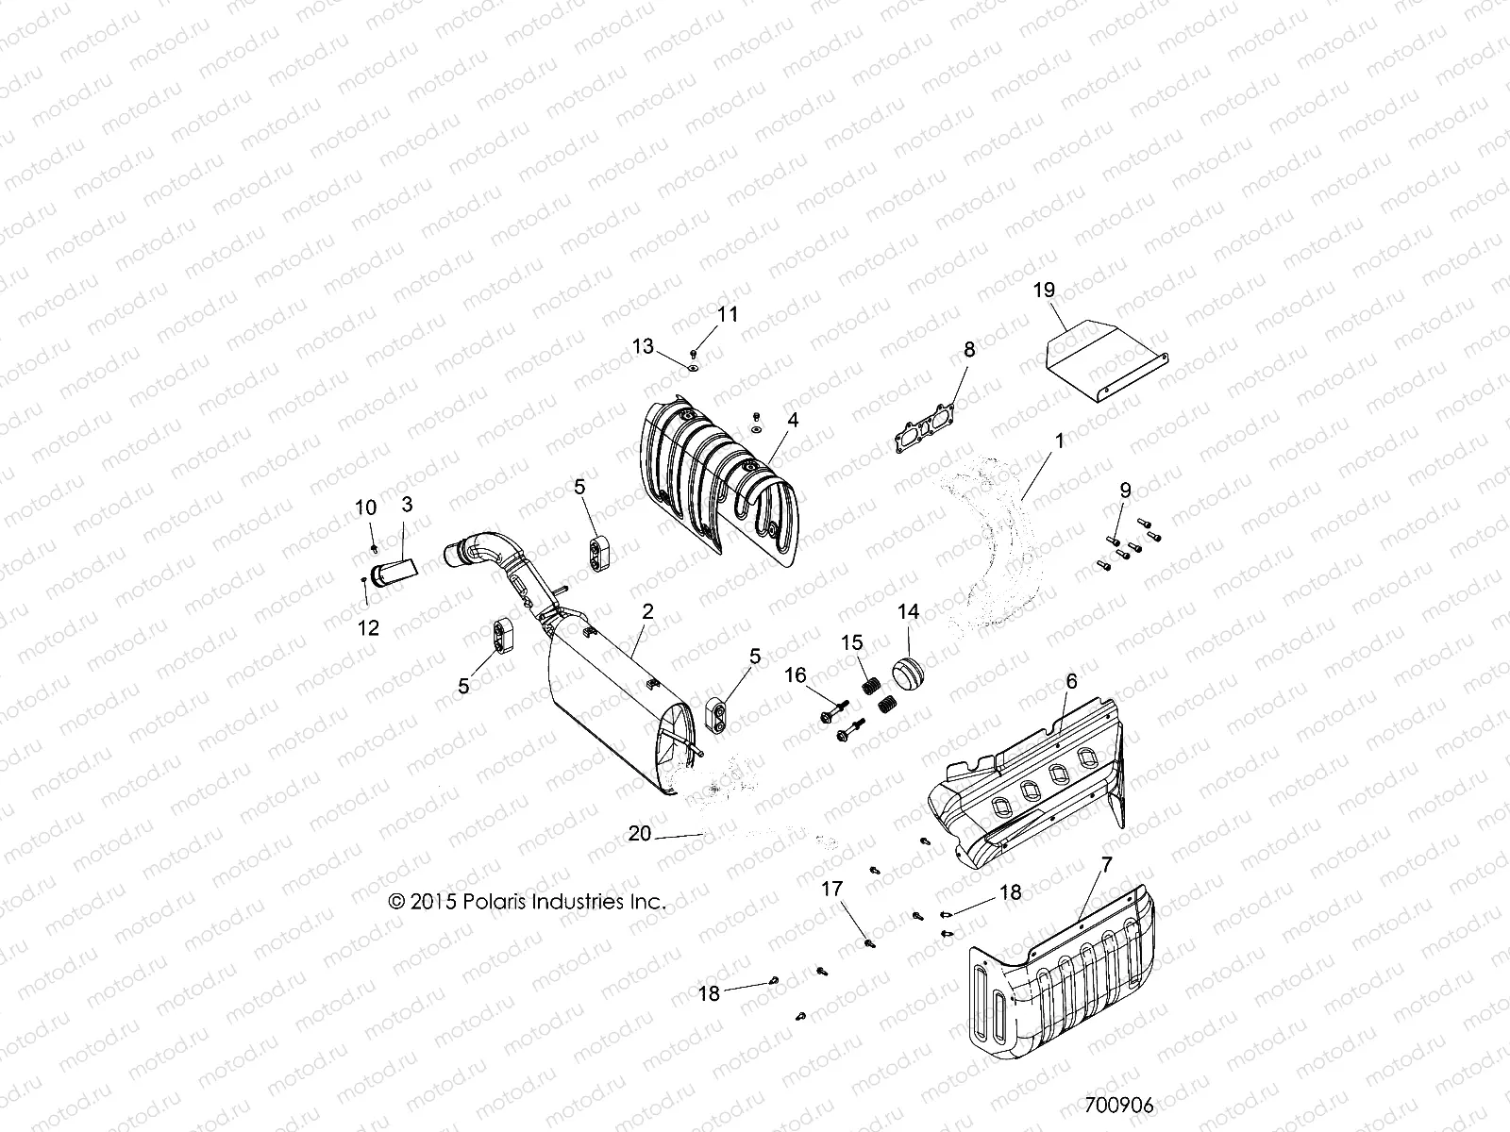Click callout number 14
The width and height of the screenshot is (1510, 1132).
tap(908, 612)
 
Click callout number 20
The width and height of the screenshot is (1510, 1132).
tap(640, 833)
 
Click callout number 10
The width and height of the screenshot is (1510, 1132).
tap(365, 508)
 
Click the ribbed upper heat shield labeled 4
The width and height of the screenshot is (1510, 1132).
tap(717, 472)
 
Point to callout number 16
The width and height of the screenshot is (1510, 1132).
tap(796, 674)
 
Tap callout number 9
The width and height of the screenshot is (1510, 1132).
tap(1125, 491)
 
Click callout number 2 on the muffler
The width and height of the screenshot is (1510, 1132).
tap(647, 611)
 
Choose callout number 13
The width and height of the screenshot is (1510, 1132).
tap(643, 347)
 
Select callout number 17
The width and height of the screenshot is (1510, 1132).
tap(831, 889)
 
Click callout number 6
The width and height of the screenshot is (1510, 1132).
tap(1070, 681)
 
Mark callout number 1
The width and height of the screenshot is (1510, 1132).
tap(1059, 441)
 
